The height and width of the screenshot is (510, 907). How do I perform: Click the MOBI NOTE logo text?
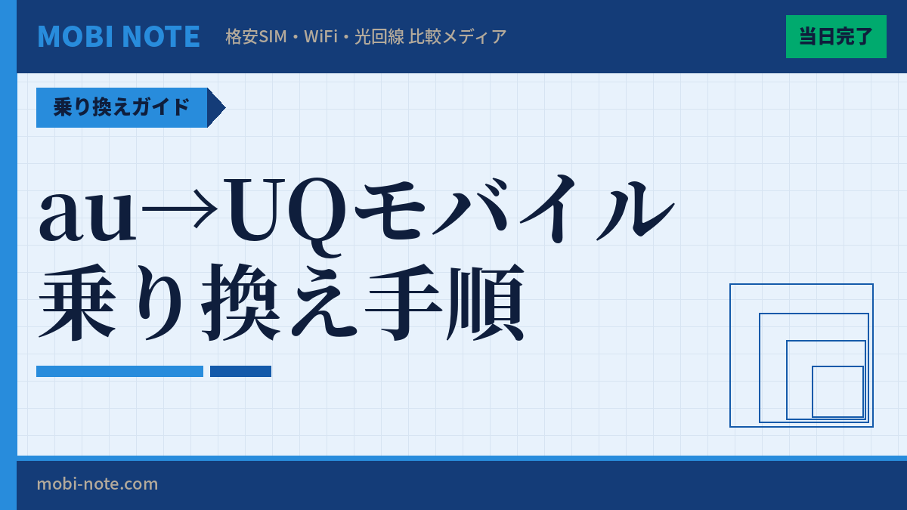[x=119, y=36]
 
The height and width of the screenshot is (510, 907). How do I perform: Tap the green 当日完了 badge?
[x=836, y=36]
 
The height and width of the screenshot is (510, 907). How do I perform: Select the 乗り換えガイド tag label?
[x=122, y=107]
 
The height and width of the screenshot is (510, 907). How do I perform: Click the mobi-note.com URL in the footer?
[x=98, y=484]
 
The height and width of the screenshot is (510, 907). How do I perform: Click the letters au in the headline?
[x=88, y=214]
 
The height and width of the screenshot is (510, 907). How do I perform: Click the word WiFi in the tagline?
[x=320, y=36]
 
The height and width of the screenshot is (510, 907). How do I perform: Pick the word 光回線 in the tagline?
[x=379, y=36]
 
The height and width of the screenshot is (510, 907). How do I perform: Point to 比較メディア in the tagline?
[x=457, y=36]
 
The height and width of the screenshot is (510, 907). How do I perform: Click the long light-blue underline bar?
[x=119, y=371]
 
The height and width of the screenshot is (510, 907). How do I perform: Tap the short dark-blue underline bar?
[x=240, y=371]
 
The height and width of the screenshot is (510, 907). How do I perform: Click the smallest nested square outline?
[x=837, y=391]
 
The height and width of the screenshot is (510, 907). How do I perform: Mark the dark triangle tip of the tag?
[x=216, y=107]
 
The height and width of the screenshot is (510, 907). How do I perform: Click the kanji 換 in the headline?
[x=242, y=302]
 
